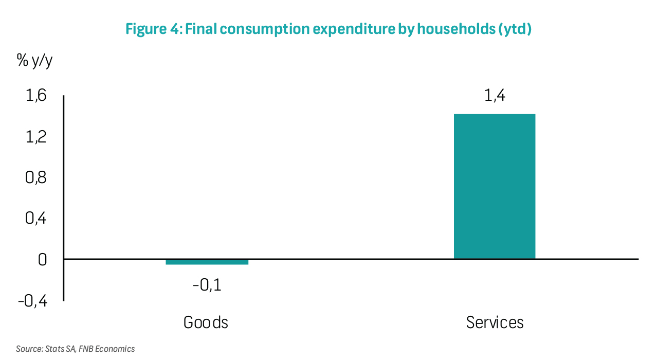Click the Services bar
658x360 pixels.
[x=495, y=186]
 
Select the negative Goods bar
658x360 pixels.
[x=207, y=262]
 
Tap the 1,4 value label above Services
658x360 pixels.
[x=495, y=96]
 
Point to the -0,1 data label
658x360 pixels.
[x=207, y=284]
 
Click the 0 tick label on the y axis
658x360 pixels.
[x=42, y=260]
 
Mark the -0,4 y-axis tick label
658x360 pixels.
[x=32, y=301]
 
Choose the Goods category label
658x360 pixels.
[x=206, y=322]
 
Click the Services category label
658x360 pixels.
[x=495, y=322]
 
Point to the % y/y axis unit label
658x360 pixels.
[x=35, y=61]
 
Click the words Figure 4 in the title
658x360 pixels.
[x=152, y=29]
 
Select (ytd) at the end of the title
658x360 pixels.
[x=514, y=29]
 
